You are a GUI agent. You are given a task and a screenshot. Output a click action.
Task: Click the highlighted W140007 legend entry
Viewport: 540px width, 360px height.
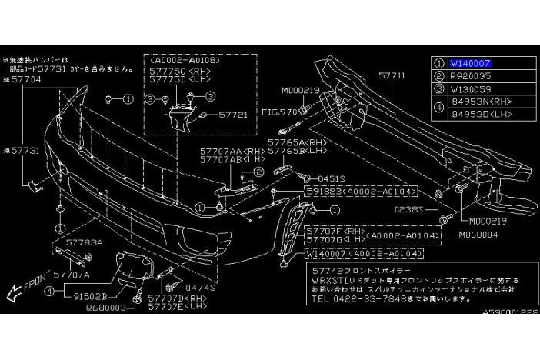[470, 64]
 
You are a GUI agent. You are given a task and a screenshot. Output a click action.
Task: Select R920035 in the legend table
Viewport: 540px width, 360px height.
[470, 77]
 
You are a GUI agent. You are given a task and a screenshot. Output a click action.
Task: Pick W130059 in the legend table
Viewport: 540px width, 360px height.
[470, 88]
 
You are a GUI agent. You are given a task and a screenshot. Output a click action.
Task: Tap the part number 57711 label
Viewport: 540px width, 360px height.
[392, 75]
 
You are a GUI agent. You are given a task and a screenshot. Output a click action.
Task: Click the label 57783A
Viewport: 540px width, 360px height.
[83, 242]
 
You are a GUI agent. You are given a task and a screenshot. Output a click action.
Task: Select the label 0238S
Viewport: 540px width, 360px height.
[410, 208]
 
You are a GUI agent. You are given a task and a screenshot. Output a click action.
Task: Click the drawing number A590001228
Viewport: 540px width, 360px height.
[510, 312]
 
